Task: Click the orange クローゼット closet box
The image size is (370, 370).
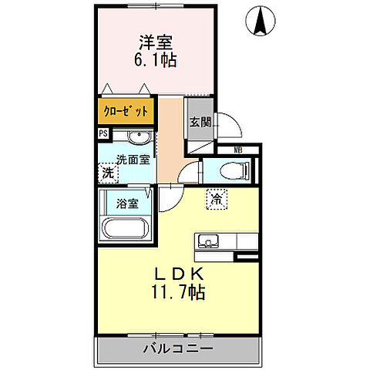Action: pyautogui.click(x=126, y=110)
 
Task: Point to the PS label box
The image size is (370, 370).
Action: pyautogui.click(x=103, y=133)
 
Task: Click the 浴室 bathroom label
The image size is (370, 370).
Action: pyautogui.click(x=127, y=204)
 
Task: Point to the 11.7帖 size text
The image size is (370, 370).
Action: pyautogui.click(x=178, y=293)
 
